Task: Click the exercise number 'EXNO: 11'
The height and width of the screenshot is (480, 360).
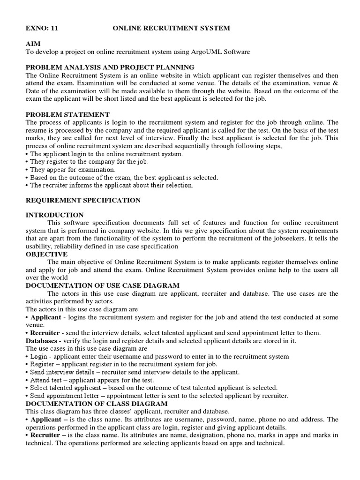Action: (x=42, y=29)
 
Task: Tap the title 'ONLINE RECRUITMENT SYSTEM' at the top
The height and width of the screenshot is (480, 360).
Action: (x=172, y=29)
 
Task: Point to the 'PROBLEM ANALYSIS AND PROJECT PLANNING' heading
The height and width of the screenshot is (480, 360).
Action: (x=110, y=67)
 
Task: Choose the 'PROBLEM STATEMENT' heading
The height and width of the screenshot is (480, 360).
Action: (x=67, y=114)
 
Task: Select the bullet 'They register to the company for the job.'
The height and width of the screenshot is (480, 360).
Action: (x=89, y=161)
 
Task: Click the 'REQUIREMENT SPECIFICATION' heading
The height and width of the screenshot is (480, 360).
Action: (x=83, y=200)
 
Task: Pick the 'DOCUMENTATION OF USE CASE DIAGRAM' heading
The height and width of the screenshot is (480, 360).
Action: (x=103, y=285)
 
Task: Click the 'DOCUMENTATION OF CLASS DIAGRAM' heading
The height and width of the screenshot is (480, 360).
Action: (x=97, y=403)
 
